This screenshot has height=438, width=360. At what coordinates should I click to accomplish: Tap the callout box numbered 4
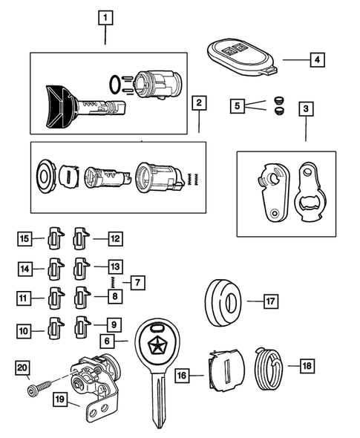(316, 59)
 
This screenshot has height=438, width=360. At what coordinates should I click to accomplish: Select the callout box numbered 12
(114, 238)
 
